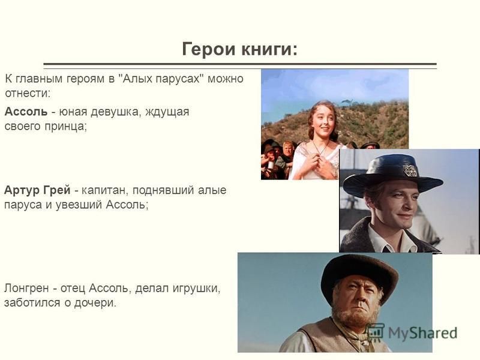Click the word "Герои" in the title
(209, 49)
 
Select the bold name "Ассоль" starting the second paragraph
(26, 112)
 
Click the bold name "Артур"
(21, 190)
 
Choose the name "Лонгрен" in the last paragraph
(26, 289)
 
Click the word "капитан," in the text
(103, 190)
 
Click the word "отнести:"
(27, 94)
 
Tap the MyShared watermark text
(422, 333)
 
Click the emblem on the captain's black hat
(410, 170)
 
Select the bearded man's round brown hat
(359, 278)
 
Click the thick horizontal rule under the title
(240, 64)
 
